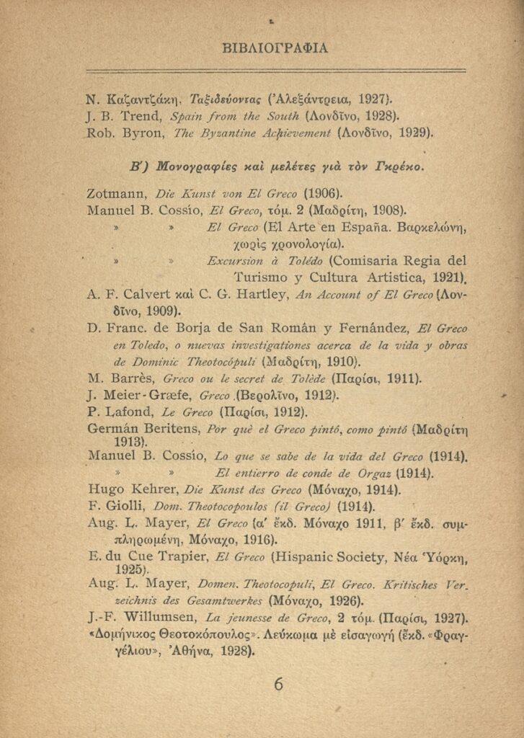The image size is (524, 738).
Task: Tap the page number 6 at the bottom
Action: [x=278, y=684]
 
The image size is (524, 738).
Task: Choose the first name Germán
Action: [x=110, y=430]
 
